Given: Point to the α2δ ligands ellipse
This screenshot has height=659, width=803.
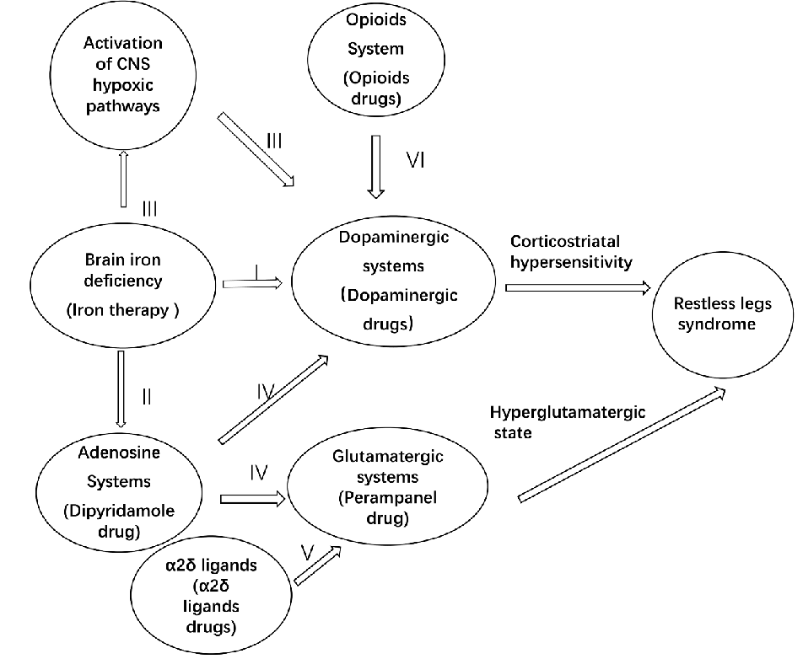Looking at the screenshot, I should pos(208,594).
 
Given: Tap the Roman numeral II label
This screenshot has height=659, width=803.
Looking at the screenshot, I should pos(146,394).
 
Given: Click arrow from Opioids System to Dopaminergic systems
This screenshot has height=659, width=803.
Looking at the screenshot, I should pos(376,167).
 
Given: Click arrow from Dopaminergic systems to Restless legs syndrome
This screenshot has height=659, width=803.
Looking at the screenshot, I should pos(578,287).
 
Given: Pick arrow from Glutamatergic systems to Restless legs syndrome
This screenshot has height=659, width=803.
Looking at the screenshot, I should pos(621,444).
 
